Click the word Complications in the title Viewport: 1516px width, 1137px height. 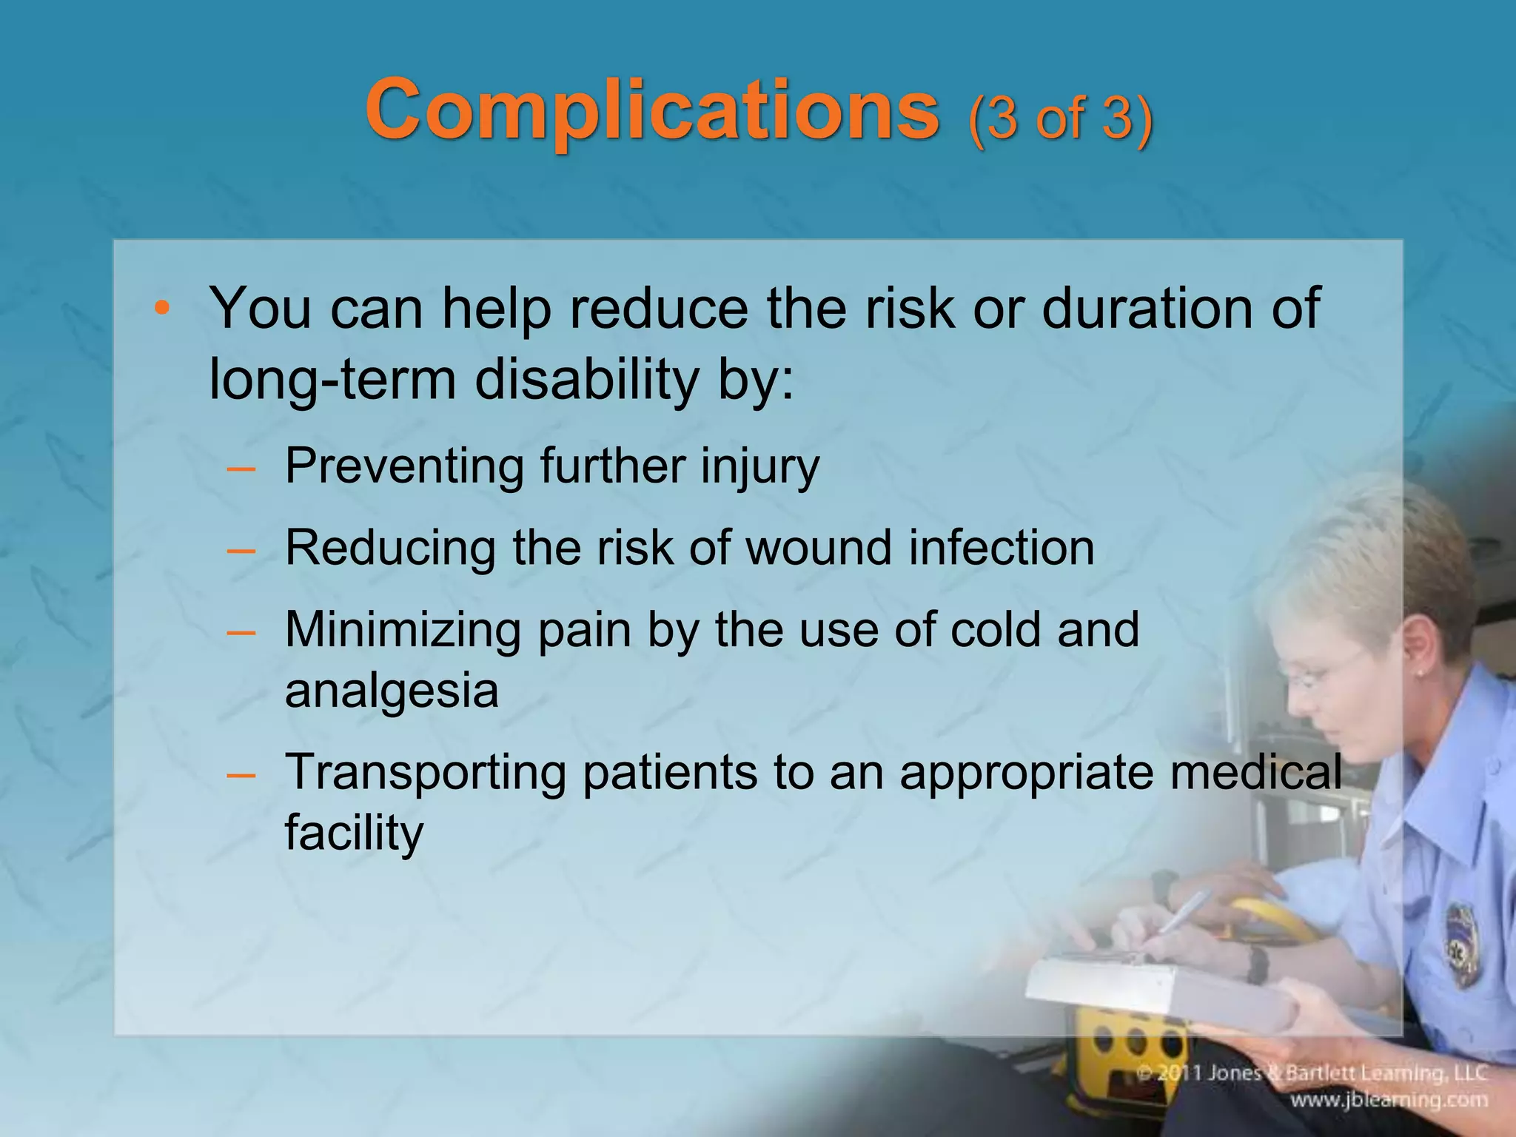[x=651, y=111]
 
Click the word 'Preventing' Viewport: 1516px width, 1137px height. [x=404, y=466]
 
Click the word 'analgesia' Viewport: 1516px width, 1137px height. [x=392, y=691]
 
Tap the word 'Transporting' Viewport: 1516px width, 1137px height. [x=425, y=773]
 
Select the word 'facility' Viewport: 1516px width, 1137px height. [x=354, y=832]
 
